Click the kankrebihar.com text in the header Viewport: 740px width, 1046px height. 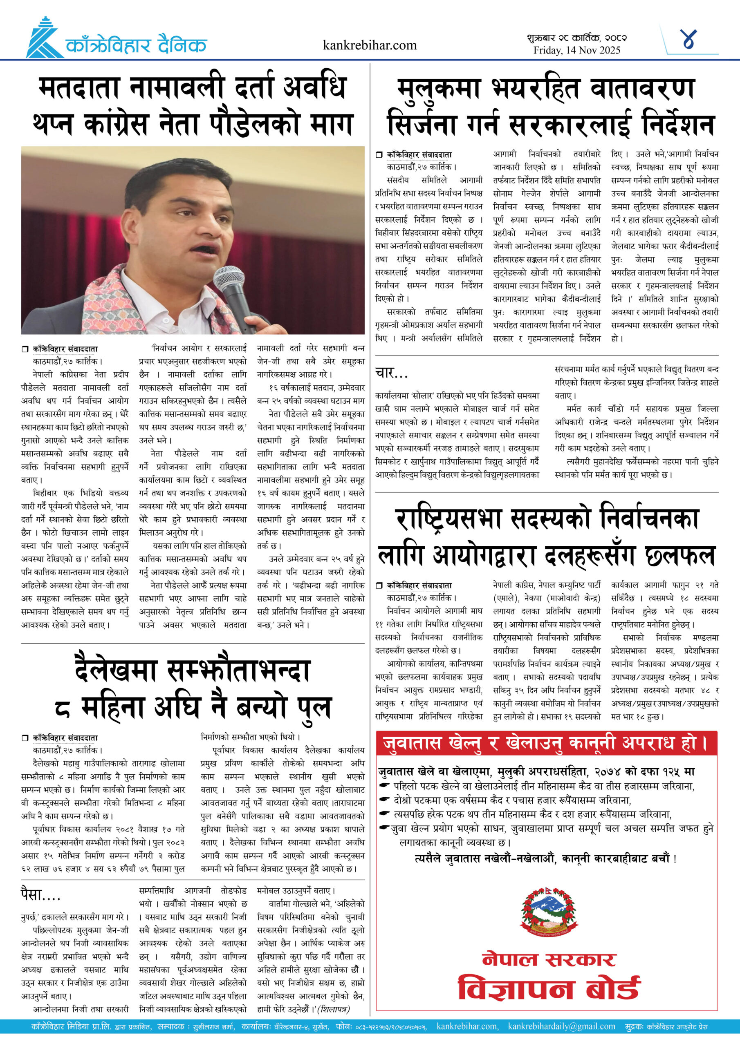[x=369, y=45]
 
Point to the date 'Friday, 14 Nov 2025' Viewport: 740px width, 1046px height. [x=577, y=50]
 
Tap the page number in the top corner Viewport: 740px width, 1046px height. [x=688, y=40]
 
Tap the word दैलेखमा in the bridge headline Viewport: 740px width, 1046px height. [x=117, y=671]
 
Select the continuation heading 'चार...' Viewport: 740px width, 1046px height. [x=391, y=373]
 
